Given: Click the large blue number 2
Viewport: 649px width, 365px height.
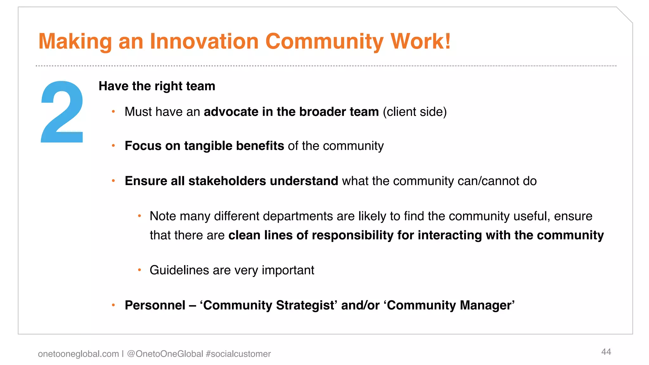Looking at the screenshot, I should tap(62, 112).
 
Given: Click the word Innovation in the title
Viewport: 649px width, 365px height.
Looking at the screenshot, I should tap(204, 41).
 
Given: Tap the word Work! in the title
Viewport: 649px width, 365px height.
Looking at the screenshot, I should tap(420, 41).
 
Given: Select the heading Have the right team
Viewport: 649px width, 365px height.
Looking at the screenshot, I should tap(157, 86).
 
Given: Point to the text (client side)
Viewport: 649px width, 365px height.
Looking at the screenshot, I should tap(414, 112).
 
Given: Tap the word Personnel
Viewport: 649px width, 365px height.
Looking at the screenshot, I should tap(155, 305).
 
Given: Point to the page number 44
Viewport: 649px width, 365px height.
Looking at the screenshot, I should tap(606, 352).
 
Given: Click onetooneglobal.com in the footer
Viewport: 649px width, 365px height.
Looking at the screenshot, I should tap(78, 354).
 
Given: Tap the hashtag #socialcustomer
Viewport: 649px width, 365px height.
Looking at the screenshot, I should tap(238, 354).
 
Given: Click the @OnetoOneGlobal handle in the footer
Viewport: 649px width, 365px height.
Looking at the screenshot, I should tap(165, 354).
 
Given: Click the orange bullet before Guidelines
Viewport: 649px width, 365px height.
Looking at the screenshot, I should tap(139, 270).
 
